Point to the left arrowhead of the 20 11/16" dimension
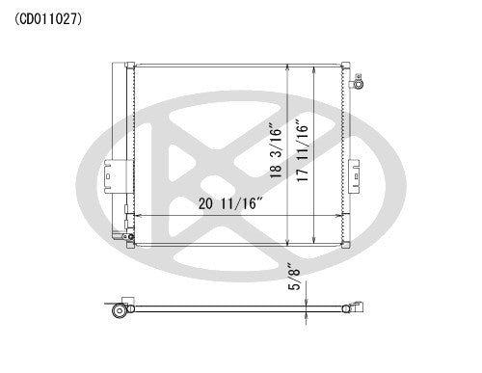point(137,215)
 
